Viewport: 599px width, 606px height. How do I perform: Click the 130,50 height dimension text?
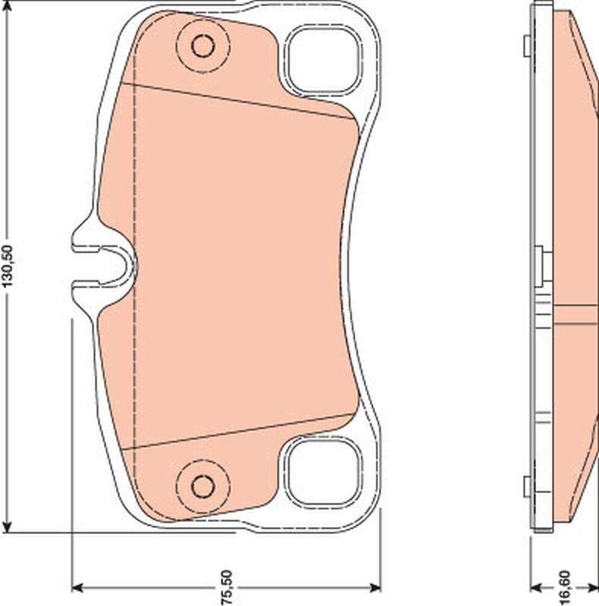pyautogui.click(x=8, y=266)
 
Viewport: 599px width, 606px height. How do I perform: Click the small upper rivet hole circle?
pyautogui.click(x=202, y=46)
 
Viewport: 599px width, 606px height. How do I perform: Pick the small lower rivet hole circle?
pyautogui.click(x=202, y=484)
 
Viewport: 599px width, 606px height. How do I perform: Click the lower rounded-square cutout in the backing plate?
pyautogui.click(x=323, y=473)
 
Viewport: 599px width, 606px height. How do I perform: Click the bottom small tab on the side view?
pyautogui.click(x=526, y=486)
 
